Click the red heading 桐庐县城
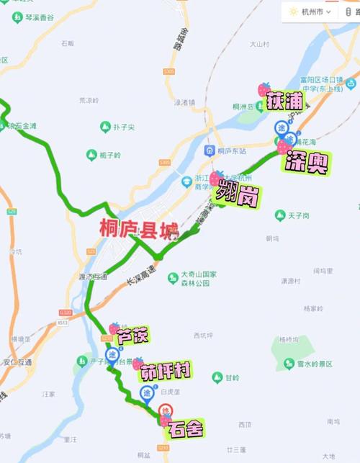tap(139, 232)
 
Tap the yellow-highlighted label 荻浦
tap(284, 100)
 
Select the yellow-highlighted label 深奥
tap(307, 163)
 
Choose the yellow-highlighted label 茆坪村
tap(166, 372)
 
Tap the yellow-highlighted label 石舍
tap(185, 429)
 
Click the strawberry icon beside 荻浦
tap(264, 90)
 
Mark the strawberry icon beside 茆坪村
tap(138, 364)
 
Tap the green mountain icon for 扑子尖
tap(106, 127)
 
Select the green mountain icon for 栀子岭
tap(91, 155)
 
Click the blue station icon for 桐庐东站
tap(210, 150)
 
